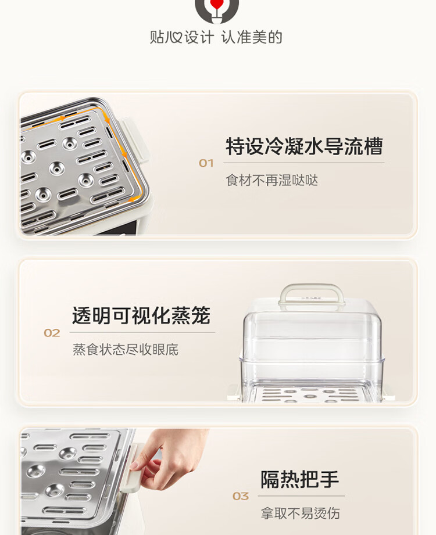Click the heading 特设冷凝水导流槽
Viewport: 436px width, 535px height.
pos(304,146)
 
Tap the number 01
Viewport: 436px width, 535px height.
pos(206,163)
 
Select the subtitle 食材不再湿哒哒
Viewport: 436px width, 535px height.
pos(272,180)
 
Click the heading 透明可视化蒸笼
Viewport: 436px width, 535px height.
pos(141,315)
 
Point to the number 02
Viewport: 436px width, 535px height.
pos(52,333)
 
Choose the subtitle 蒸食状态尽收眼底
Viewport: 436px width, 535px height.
pos(126,349)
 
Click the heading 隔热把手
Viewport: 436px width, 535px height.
pos(300,479)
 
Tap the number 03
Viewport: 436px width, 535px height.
pos(241,497)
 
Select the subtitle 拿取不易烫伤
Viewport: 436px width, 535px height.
pos(301,513)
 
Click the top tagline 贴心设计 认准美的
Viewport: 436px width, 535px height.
pos(216,37)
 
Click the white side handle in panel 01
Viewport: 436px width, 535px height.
pos(134,140)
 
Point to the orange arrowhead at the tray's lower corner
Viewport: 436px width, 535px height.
pos(135,198)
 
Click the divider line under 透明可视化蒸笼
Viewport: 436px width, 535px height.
pos(142,332)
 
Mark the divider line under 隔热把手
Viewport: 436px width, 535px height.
pos(301,495)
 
